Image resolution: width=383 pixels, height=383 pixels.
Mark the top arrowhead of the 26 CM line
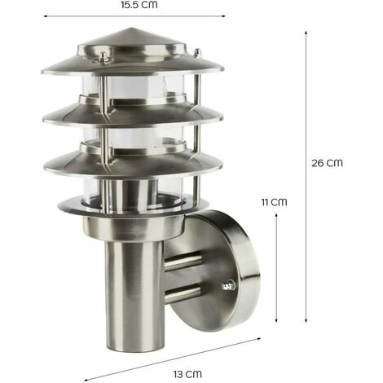click(306, 32)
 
